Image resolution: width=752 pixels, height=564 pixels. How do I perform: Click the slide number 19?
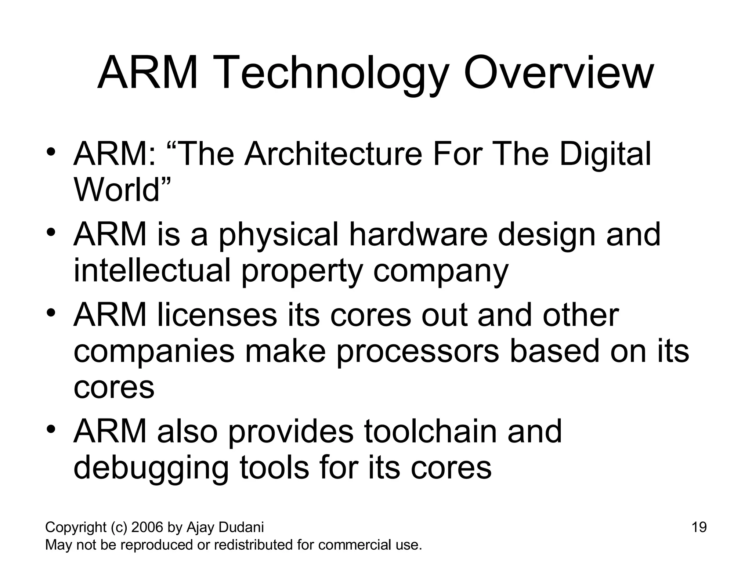click(699, 527)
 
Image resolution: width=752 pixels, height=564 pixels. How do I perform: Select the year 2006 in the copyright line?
click(147, 527)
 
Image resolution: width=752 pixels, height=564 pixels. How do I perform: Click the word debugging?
click(151, 469)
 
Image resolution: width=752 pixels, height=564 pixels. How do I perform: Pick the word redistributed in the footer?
click(253, 545)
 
